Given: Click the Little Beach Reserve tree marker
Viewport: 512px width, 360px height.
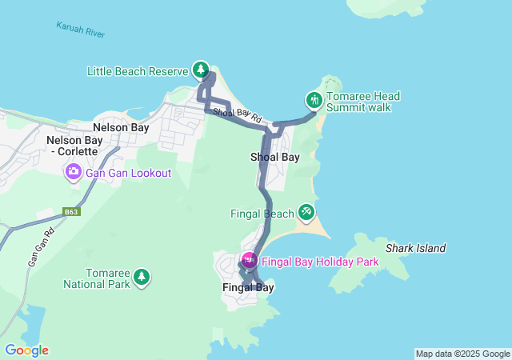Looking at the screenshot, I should [200, 70].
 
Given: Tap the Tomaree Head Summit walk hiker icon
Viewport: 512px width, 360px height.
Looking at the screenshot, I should [314, 100].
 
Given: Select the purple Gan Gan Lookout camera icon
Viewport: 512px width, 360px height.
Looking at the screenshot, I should [73, 171].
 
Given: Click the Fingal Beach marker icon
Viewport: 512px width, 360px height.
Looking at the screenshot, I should [306, 211].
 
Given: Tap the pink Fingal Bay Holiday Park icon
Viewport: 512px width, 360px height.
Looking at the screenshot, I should [249, 260].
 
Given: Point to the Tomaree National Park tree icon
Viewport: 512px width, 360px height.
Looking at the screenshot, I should [142, 277].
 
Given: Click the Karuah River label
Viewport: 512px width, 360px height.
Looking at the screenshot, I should [80, 30].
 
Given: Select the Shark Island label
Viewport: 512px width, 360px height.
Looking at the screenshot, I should [415, 249].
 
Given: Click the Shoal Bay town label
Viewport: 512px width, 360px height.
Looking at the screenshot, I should [275, 157].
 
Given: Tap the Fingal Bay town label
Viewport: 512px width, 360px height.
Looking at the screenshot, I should [248, 287].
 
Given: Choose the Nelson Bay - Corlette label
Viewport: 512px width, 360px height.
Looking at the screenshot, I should [73, 146].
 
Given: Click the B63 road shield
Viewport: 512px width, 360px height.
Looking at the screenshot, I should [72, 212].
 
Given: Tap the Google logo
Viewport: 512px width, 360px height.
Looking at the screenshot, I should [26, 350].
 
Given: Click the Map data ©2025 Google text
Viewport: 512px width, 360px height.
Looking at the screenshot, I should [462, 354].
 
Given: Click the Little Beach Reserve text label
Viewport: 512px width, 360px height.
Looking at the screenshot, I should [138, 71].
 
